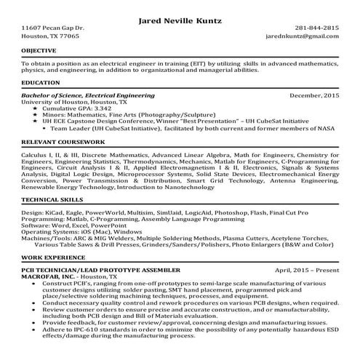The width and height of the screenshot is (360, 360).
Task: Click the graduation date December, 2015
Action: (313, 96)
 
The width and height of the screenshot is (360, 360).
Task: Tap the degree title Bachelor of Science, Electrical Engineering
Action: (88, 96)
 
